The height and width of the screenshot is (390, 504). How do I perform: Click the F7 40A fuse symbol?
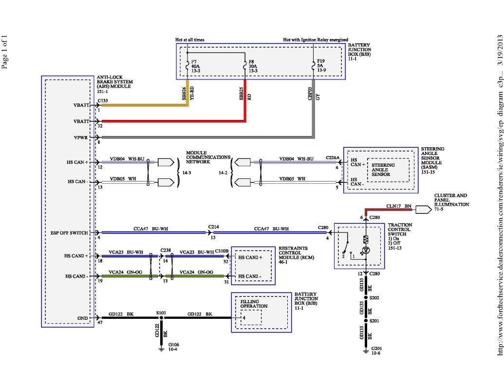(x=187, y=66)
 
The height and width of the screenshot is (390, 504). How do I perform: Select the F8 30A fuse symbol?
(x=245, y=66)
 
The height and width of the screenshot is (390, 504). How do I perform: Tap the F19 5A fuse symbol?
(x=314, y=66)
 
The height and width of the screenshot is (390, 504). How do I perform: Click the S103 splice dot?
(x=161, y=318)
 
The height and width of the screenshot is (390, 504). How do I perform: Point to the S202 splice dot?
(x=366, y=298)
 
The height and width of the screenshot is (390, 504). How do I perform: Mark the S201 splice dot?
(x=366, y=321)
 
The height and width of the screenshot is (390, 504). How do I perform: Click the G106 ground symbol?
(x=161, y=349)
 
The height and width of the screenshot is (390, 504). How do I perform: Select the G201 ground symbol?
(x=366, y=351)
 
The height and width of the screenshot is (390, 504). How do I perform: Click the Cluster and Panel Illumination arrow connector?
(x=423, y=210)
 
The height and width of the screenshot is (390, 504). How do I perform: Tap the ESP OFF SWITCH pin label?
(x=69, y=233)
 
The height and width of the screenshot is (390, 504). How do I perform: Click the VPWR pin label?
(x=81, y=138)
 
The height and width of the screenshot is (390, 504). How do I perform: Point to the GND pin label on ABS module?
(x=83, y=318)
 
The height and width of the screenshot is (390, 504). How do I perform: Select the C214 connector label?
(x=213, y=227)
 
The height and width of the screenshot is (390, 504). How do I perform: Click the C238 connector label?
(x=166, y=250)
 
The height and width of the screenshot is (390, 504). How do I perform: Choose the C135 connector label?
(x=103, y=101)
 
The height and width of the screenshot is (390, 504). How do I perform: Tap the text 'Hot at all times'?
(x=189, y=40)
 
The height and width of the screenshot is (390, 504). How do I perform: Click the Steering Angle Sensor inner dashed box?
(x=388, y=170)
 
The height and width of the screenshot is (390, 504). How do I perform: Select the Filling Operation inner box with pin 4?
(x=251, y=317)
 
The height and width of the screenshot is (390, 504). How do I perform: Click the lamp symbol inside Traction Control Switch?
(x=366, y=250)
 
